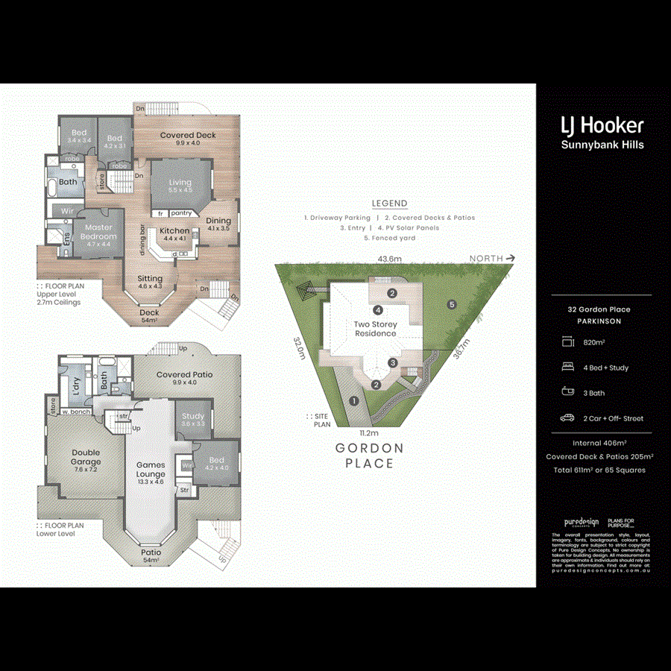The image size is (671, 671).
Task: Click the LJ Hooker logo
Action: pyautogui.click(x=602, y=125)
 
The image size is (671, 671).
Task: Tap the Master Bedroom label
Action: pyautogui.click(x=98, y=232)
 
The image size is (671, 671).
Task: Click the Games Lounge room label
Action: pyautogui.click(x=151, y=470)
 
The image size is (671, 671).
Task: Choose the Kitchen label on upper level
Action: pyautogui.click(x=175, y=231)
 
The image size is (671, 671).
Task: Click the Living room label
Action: pyautogui.click(x=180, y=182)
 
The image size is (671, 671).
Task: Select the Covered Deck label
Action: pyautogui.click(x=188, y=136)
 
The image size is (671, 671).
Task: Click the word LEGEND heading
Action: pyautogui.click(x=389, y=204)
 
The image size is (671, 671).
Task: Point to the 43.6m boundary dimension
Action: pyautogui.click(x=389, y=259)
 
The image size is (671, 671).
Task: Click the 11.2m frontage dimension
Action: pyautogui.click(x=369, y=432)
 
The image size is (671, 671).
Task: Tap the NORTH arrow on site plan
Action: pyautogui.click(x=492, y=258)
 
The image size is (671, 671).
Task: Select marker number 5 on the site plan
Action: pyautogui.click(x=451, y=304)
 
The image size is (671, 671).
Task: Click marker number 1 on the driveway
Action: pyautogui.click(x=354, y=400)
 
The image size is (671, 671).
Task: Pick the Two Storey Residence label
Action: pyautogui.click(x=375, y=329)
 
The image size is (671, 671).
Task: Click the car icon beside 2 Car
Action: pyautogui.click(x=568, y=418)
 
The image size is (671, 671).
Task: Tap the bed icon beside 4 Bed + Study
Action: pyautogui.click(x=568, y=367)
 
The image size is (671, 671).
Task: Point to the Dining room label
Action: pyautogui.click(x=218, y=221)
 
